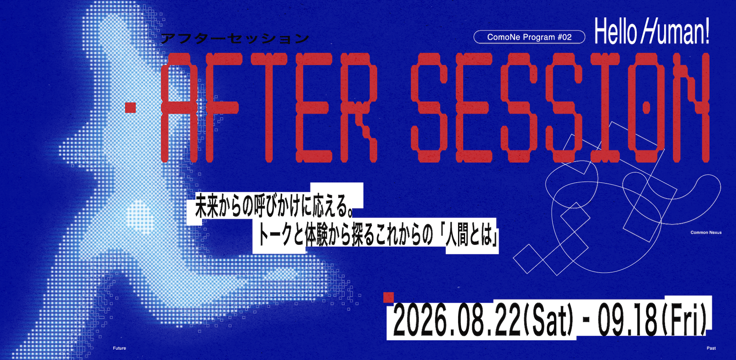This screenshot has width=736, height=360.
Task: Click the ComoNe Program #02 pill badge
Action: (529, 37)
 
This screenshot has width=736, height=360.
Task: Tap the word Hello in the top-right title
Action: (615, 31)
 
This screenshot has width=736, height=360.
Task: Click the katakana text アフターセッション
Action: (235, 39)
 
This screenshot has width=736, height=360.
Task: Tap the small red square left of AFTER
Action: (130, 108)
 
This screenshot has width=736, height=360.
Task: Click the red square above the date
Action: (388, 298)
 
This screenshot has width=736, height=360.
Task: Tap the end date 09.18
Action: (628, 320)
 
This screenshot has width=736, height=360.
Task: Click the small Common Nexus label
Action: (706, 232)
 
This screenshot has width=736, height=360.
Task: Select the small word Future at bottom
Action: (119, 348)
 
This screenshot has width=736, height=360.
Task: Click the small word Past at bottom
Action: (711, 348)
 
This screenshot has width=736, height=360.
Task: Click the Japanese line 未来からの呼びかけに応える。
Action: (273, 207)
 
